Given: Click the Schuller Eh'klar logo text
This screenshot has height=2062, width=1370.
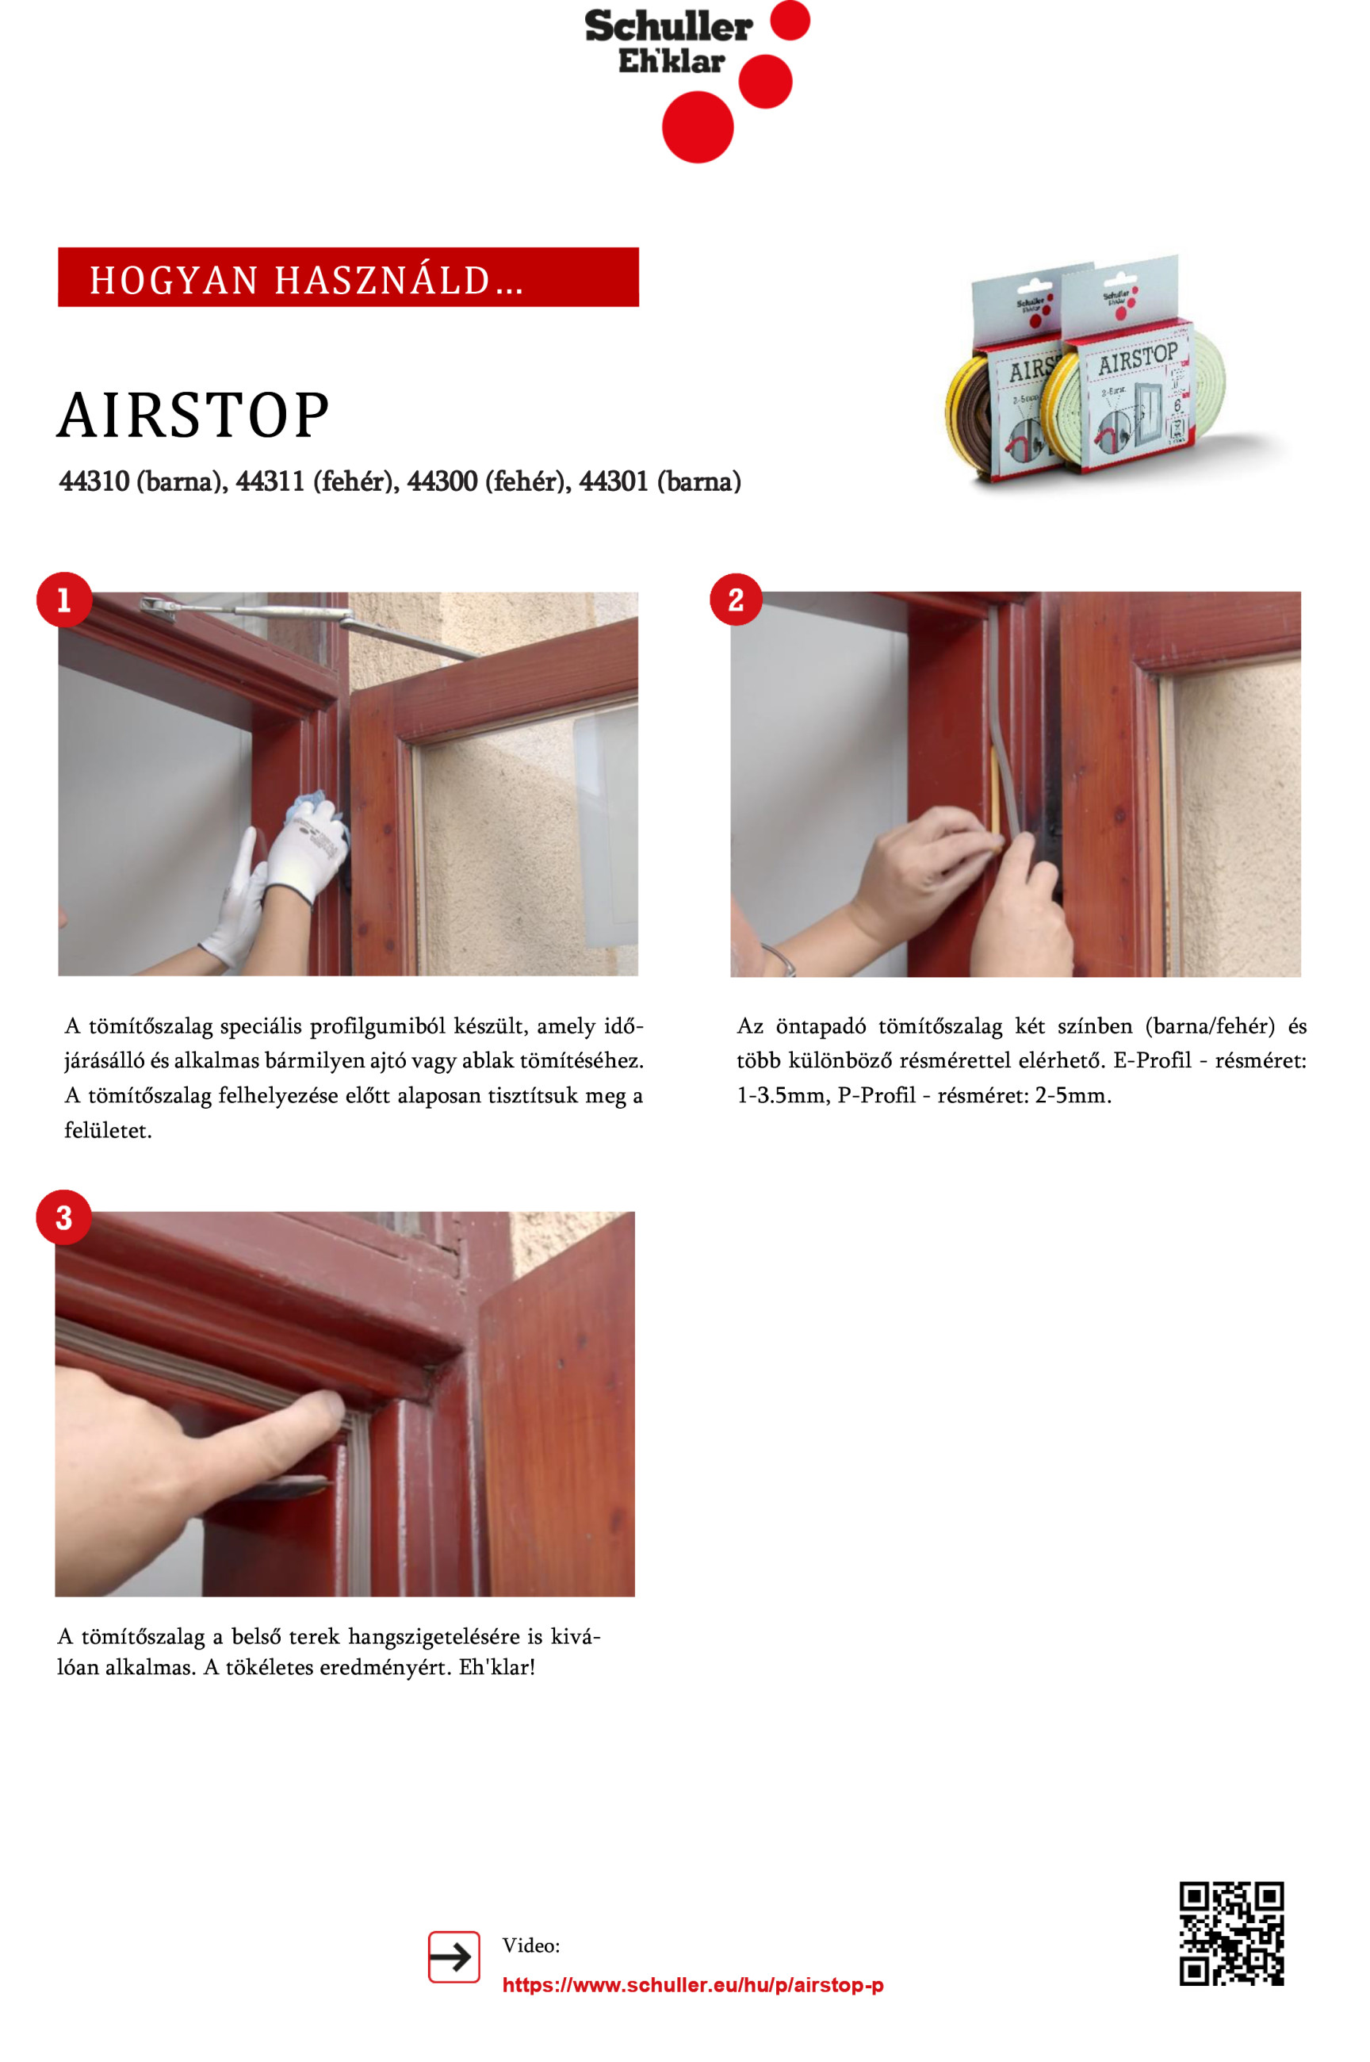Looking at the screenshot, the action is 668,42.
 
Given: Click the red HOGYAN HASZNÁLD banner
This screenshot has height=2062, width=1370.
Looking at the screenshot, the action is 348,277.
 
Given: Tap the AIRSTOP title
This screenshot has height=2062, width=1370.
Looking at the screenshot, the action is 193,415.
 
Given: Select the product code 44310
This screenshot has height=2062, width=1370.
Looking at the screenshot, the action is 94,481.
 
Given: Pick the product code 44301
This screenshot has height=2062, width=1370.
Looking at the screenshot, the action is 614,481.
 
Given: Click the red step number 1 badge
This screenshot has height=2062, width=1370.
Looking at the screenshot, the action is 63,600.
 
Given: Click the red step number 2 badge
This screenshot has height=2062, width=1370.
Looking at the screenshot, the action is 736,600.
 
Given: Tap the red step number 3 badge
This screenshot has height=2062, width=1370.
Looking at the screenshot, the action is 63,1217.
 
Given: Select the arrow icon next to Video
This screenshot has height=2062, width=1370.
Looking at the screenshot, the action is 453,1957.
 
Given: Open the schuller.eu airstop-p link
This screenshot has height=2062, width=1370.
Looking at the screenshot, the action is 693,1985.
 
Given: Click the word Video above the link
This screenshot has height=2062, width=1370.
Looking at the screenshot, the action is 531,1945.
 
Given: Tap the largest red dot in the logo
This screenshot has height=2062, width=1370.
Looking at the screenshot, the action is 697,127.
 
